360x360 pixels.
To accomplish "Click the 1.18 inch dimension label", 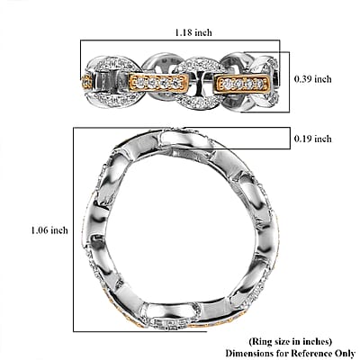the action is click(x=193, y=32).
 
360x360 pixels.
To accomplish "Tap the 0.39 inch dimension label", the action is click(x=312, y=79).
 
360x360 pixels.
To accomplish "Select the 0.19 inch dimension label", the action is click(x=312, y=139).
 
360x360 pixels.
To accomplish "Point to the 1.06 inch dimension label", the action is click(x=49, y=230).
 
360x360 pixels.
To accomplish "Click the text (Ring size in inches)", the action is click(x=290, y=341).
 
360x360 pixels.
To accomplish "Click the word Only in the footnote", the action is click(x=345, y=353).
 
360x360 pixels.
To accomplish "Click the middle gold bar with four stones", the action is click(x=158, y=82).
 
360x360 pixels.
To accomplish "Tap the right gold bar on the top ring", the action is click(x=242, y=83).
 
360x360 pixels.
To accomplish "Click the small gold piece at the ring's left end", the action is click(x=86, y=81).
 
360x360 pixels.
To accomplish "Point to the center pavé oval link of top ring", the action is click(x=196, y=83).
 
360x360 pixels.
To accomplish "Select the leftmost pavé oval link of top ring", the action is click(x=112, y=81).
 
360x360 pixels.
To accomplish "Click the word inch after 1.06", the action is click(x=59, y=230).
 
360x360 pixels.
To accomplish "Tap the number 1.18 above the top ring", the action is click(x=184, y=32).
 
